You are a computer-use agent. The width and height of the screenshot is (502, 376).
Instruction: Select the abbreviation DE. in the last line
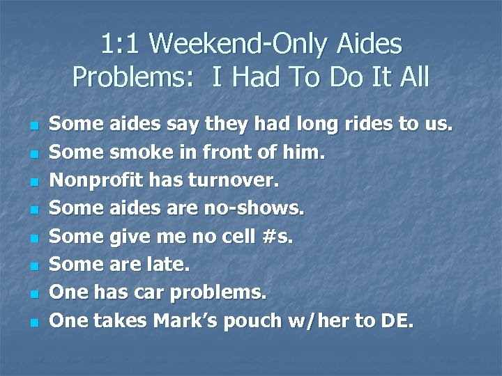click(397, 320)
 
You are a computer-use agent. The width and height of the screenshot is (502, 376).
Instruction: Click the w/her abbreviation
click(329, 320)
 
